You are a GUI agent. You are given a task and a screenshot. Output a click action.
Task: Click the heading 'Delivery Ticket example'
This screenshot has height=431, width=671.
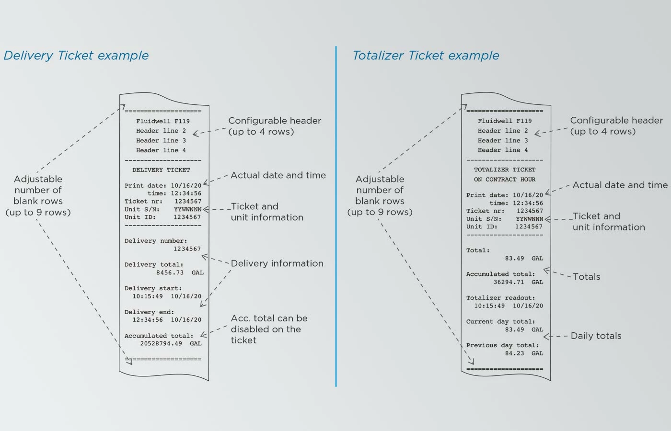pos(76,56)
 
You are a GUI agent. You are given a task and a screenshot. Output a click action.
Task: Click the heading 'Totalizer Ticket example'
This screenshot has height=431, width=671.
pos(426,56)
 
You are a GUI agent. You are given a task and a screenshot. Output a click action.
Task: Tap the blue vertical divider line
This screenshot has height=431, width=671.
pos(336,215)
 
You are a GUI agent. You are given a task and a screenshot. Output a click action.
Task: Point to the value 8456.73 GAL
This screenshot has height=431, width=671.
pos(180,272)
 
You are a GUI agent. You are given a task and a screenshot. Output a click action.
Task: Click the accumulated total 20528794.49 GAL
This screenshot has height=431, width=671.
pos(171,343)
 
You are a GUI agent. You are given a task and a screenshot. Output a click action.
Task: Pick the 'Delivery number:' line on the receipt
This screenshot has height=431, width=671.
pos(156,241)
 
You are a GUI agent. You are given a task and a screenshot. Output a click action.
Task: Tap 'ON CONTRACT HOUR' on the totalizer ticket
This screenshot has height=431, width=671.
pos(505,180)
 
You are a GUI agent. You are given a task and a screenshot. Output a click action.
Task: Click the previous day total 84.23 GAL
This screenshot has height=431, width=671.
pos(524,353)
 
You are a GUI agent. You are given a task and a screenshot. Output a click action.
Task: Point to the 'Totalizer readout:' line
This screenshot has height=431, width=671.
pos(500,298)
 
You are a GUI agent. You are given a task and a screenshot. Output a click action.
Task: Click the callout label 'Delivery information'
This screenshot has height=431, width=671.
pos(277,263)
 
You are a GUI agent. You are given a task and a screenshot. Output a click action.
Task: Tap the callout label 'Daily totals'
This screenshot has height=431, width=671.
pos(596,336)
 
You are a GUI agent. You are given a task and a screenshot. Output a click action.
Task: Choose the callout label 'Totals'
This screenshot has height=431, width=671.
pos(586,277)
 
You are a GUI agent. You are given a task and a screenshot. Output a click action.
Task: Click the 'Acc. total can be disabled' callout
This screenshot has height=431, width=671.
pos(269,329)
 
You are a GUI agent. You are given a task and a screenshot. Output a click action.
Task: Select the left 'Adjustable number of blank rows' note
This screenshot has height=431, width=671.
pos(38,195)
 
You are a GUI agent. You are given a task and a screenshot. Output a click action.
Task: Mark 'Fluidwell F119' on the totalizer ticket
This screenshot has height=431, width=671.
pos(505,121)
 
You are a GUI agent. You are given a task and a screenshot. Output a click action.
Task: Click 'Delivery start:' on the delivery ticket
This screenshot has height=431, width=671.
pos(153,288)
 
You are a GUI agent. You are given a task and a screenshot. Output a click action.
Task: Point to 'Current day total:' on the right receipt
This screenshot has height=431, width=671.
pos(500,322)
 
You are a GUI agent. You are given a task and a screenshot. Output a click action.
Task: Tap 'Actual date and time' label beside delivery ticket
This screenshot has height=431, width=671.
pos(278,175)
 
